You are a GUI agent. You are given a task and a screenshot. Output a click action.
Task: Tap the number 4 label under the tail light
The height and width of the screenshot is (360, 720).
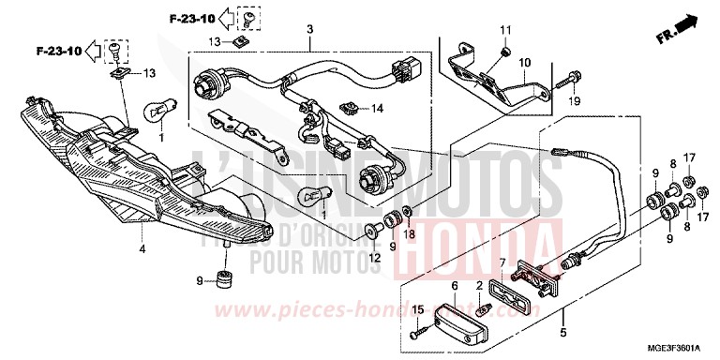(142, 250)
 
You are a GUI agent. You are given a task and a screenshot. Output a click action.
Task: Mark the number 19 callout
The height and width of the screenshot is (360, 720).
(576, 101)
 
